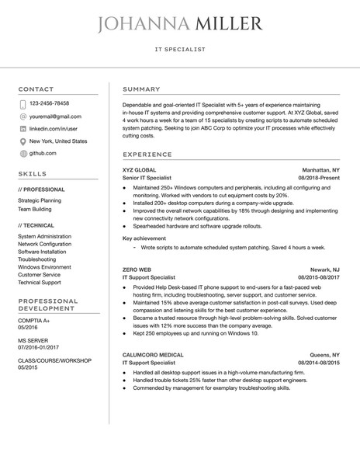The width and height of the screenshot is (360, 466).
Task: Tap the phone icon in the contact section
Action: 22,103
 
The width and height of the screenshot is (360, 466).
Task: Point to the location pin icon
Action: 22,141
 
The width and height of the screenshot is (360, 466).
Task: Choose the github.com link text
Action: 43,154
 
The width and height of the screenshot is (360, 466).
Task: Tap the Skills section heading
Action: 32,174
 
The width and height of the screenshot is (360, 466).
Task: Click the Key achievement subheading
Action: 145,238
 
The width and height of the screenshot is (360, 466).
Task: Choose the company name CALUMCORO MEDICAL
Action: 153,353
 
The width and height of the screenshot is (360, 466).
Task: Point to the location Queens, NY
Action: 324,353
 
